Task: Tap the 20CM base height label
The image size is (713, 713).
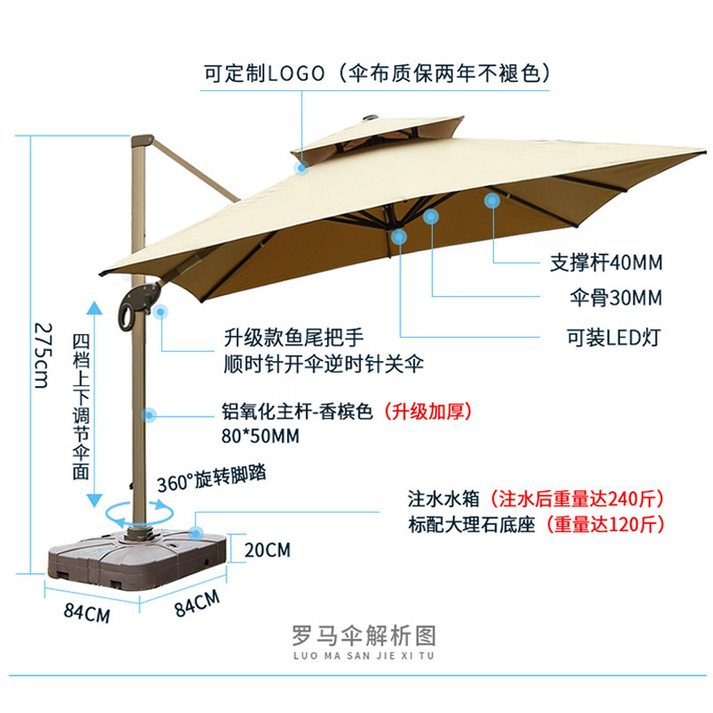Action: point(266,549)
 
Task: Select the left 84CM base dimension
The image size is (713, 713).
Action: point(87,615)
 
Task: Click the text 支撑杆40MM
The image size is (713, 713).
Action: point(605,263)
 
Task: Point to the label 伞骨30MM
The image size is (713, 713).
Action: point(615,297)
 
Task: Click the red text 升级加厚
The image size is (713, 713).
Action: point(425,412)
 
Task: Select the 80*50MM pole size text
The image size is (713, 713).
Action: point(260,436)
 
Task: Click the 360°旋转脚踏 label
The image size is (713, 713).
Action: point(211,479)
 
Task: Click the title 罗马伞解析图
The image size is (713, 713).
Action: point(364,635)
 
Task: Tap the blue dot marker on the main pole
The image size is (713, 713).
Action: point(149,414)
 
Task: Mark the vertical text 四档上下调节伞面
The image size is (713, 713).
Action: point(81,406)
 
